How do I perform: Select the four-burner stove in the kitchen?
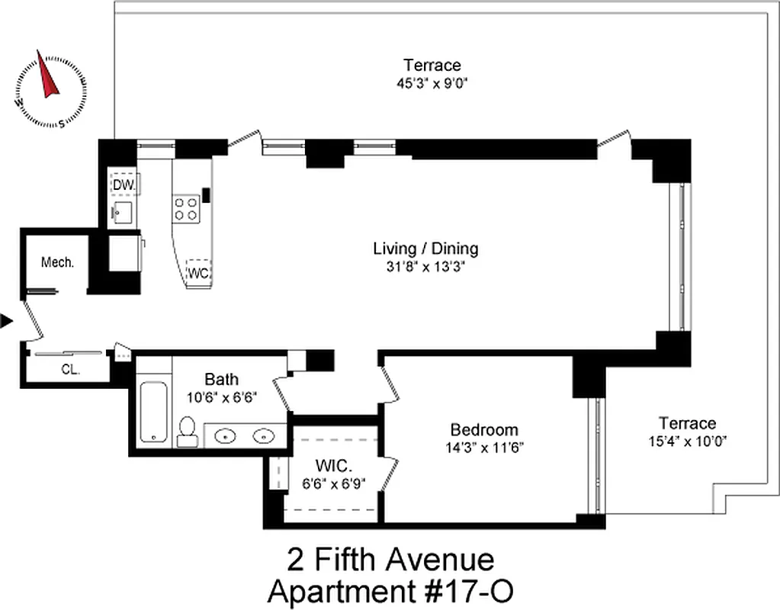click(187, 208)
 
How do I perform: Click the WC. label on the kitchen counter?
click(199, 271)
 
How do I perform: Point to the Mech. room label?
click(58, 262)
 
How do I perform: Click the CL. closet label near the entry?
click(71, 371)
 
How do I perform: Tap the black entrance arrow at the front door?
click(7, 321)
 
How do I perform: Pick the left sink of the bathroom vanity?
click(226, 436)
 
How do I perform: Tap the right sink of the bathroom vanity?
click(264, 436)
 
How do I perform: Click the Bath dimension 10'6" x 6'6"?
click(222, 397)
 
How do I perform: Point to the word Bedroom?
click(483, 429)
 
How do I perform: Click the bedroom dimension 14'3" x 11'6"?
click(483, 448)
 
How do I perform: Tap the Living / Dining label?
click(425, 249)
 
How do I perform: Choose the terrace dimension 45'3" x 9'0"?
click(432, 83)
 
